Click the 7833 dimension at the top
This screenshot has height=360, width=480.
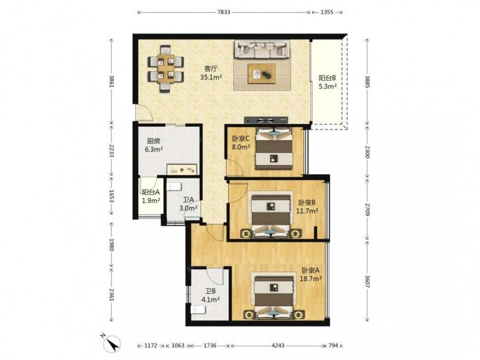224,12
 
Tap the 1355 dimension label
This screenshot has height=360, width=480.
326,12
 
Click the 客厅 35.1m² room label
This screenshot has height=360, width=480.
211,73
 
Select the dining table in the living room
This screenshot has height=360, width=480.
166,69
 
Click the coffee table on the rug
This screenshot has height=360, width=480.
262,73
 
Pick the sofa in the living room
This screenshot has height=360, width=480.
262,49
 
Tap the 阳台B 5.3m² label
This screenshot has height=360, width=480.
327,82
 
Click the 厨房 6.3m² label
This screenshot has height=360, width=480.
154,145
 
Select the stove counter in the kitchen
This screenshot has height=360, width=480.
182,169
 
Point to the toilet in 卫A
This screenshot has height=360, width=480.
174,186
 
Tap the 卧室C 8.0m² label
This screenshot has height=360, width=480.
241,143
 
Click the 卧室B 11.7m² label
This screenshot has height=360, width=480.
307,206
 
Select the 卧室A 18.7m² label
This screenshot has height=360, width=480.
312,275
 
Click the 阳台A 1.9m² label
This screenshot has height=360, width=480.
151,196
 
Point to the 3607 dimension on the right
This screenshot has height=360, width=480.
367,280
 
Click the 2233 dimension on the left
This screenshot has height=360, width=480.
112,151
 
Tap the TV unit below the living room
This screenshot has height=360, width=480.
266,120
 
